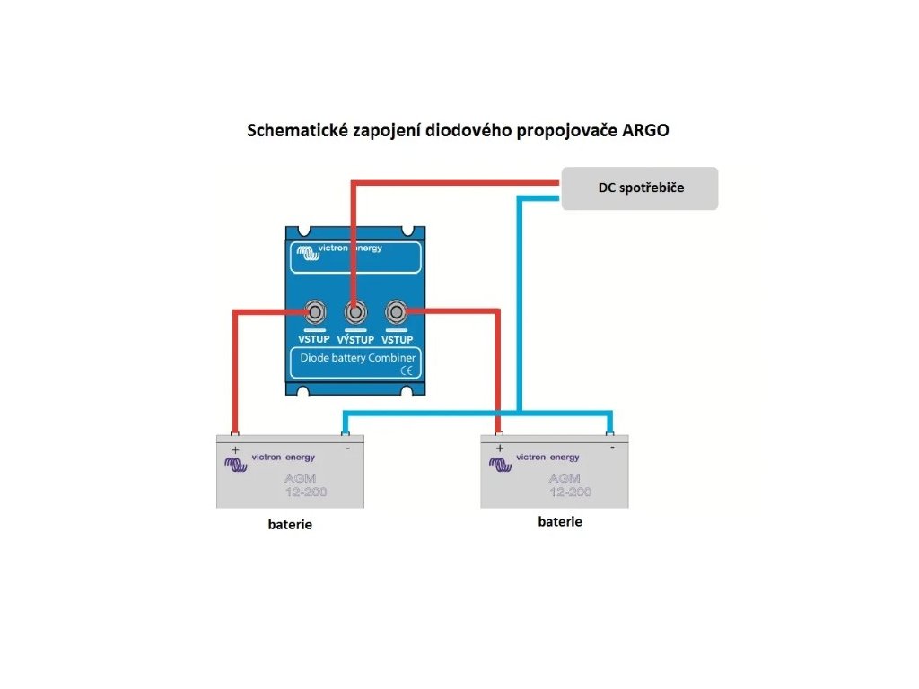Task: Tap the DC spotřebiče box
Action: pos(640,188)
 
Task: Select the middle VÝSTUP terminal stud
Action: pos(355,312)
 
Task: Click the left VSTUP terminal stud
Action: pos(316,312)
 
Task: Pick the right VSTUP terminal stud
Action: pos(395,312)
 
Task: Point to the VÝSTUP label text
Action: pos(355,340)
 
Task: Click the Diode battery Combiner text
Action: pos(356,358)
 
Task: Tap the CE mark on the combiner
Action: pos(406,371)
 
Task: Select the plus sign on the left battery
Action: pos(236,449)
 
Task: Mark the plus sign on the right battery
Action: pos(500,447)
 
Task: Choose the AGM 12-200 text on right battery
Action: pos(569,484)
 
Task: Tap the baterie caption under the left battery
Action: pos(290,524)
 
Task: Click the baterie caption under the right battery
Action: pos(559,520)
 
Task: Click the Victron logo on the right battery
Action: pos(499,463)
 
